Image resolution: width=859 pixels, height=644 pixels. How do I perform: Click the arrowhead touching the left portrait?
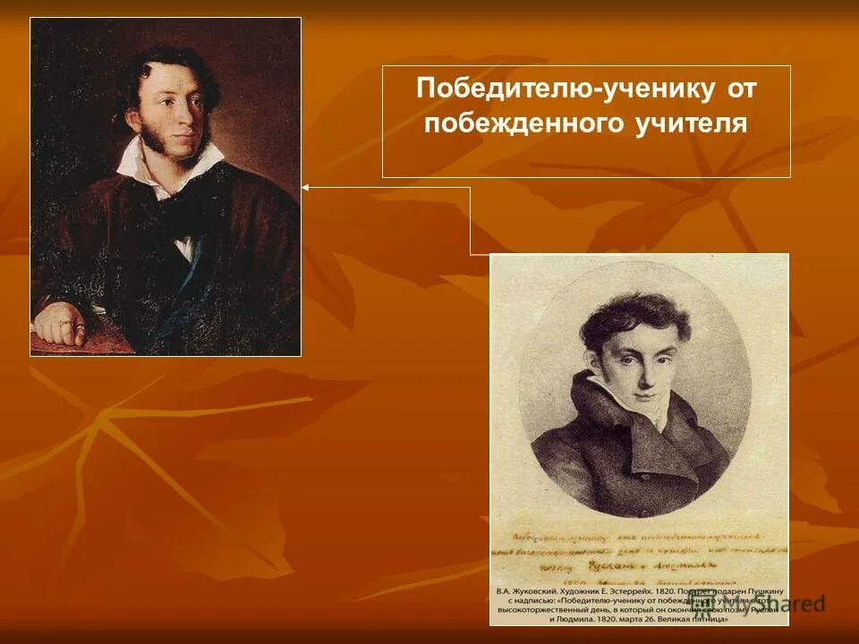point(306,188)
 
